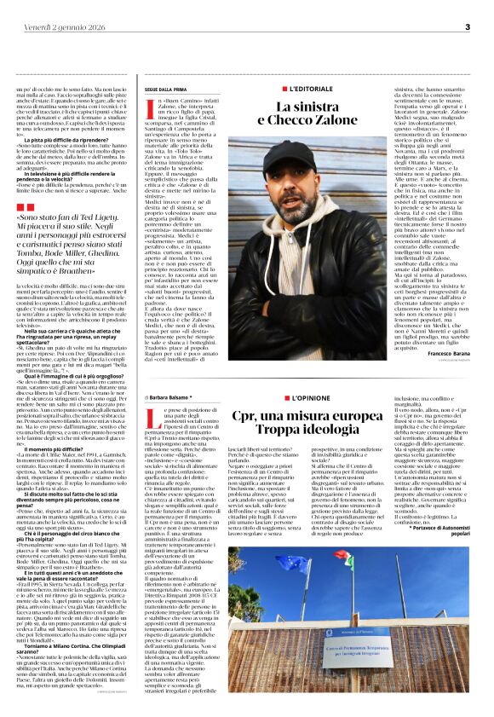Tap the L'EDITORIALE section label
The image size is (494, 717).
pos(314,88)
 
